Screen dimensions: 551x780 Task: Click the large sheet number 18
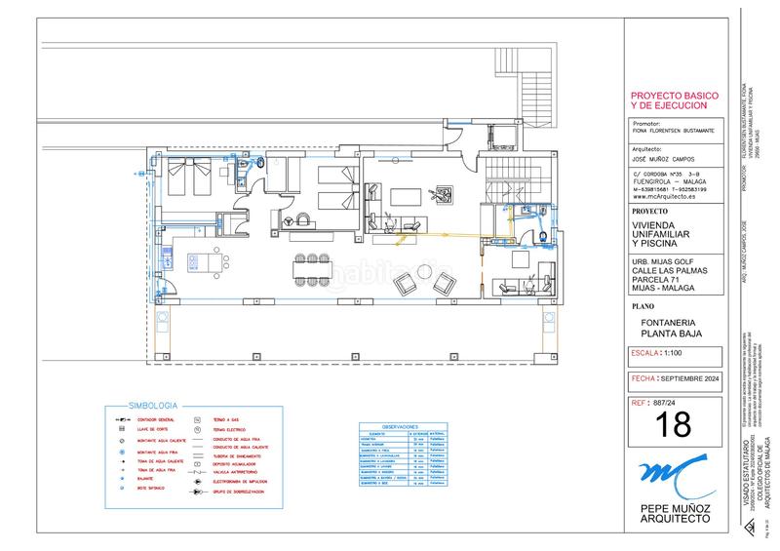[675, 423]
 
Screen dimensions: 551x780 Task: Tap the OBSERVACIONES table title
[400, 427]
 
